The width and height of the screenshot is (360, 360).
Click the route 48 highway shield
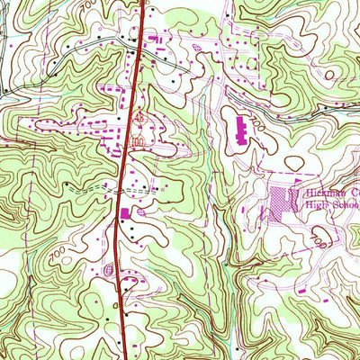pyautogui.click(x=139, y=117)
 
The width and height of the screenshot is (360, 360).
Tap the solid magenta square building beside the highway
pyautogui.click(x=124, y=212)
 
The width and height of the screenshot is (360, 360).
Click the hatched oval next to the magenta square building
pyautogui.click(x=142, y=212)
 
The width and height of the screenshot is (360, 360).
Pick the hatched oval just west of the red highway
pyautogui.click(x=109, y=268)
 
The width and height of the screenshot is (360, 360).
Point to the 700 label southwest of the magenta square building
pyautogui.click(x=59, y=256)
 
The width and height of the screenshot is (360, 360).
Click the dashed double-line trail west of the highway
pyautogui.click(x=90, y=191)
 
